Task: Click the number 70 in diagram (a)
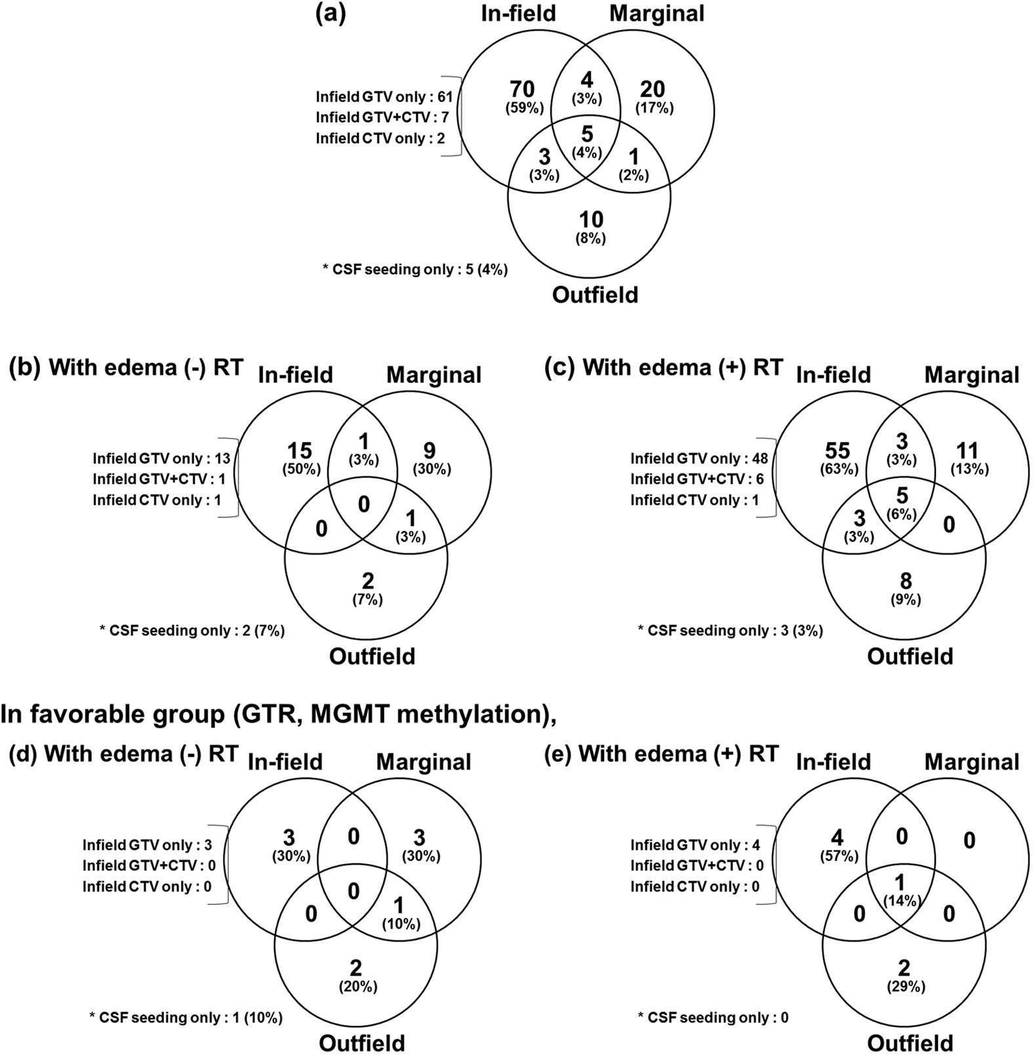[523, 89]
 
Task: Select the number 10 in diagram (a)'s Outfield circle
[590, 219]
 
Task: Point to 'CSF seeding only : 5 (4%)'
[415, 269]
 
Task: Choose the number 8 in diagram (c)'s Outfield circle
[906, 580]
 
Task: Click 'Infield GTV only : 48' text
[699, 458]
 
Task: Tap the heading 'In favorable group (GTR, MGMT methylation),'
[278, 714]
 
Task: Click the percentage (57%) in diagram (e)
[838, 856]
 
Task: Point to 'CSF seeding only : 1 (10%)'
[186, 1018]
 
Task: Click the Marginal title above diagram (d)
[424, 762]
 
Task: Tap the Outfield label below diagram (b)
[372, 656]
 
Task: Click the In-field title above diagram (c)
[833, 374]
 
